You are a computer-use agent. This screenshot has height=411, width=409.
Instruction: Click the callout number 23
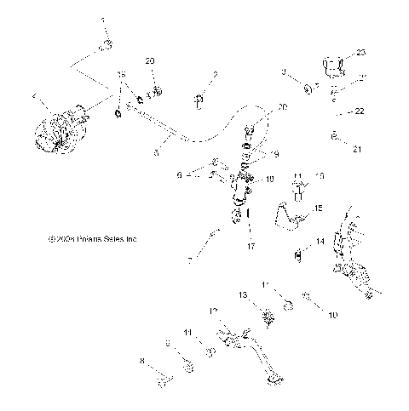(361, 52)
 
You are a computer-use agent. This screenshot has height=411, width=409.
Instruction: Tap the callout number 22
(360, 111)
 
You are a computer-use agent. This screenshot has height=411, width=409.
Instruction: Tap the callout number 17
(251, 247)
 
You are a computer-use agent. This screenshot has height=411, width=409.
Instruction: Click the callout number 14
(320, 242)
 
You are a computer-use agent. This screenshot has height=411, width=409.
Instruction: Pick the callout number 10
(333, 315)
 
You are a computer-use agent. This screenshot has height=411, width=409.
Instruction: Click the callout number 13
(242, 294)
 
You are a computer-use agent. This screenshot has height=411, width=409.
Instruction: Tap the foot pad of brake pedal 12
(275, 377)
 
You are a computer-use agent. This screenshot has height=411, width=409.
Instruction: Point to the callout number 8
(141, 360)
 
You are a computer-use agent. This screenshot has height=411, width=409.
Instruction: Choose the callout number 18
(271, 180)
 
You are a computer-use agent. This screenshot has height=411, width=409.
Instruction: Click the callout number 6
(180, 174)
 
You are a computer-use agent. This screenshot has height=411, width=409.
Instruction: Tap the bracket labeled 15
(291, 219)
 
